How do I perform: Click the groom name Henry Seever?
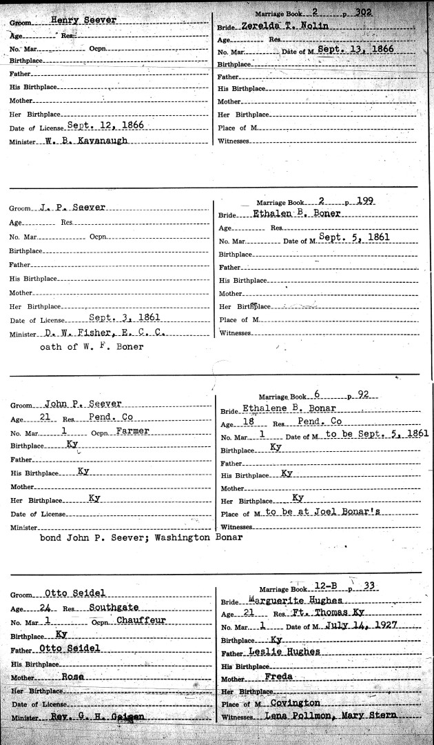pyautogui.click(x=83, y=21)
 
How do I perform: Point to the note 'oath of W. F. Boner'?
pyautogui.click(x=91, y=346)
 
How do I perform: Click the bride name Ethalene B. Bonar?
pyautogui.click(x=285, y=410)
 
